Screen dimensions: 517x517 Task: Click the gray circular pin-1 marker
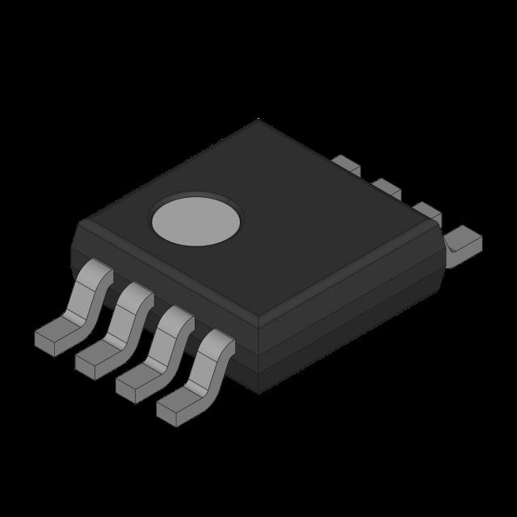pos(196,220)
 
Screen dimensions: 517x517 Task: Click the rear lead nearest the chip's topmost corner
pos(346,164)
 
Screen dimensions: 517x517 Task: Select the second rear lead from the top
pos(387,188)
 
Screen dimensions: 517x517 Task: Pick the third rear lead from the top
pos(427,212)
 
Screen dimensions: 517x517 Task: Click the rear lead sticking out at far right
pos(464,240)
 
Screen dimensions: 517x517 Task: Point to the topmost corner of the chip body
pos(258,120)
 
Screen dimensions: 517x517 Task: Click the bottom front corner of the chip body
pos(258,392)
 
